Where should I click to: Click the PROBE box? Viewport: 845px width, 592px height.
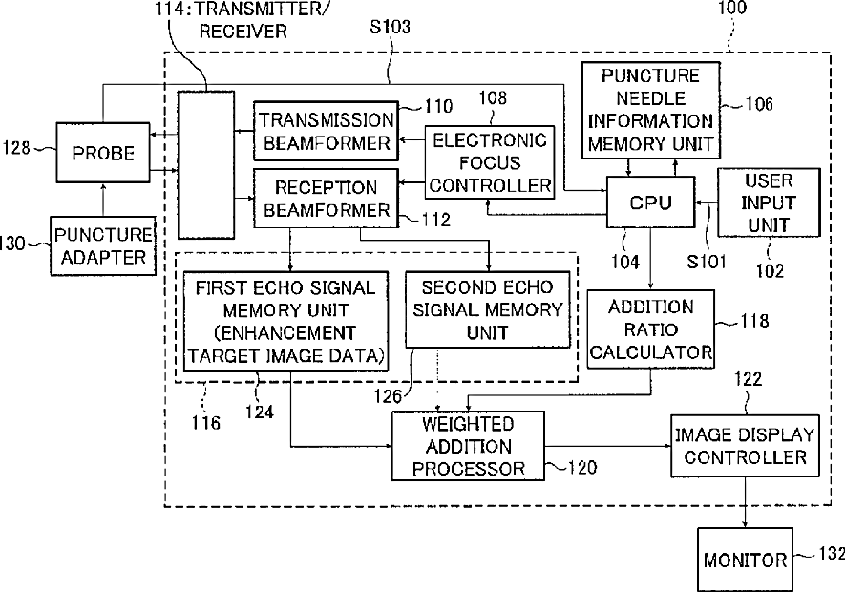[103, 153]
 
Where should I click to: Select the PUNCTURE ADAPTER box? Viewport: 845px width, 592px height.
[103, 245]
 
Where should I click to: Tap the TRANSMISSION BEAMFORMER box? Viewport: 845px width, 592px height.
[326, 131]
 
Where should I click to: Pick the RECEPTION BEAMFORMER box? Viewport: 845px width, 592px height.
[326, 198]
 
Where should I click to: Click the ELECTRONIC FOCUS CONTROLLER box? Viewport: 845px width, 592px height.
[490, 162]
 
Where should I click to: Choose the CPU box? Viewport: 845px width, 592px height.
[650, 202]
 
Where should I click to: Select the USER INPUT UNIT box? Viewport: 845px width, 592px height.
[769, 202]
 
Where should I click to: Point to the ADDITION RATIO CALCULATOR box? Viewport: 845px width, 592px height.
[650, 329]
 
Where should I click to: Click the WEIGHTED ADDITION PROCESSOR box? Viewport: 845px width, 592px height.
[468, 446]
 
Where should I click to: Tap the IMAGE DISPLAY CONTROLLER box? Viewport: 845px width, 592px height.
[745, 446]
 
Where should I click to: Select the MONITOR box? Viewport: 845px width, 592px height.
[745, 560]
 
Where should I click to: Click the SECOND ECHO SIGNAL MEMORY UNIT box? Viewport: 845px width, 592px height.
[487, 309]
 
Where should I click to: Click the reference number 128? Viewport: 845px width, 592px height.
[16, 147]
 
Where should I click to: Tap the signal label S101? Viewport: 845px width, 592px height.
[707, 262]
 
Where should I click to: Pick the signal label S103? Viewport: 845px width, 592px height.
[390, 27]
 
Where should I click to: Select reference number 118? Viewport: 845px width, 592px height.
[754, 321]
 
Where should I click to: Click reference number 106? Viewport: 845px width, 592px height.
[759, 103]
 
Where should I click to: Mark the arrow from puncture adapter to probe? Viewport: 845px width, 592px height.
[103, 200]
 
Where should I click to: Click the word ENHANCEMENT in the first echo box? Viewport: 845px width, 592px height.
[285, 332]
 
